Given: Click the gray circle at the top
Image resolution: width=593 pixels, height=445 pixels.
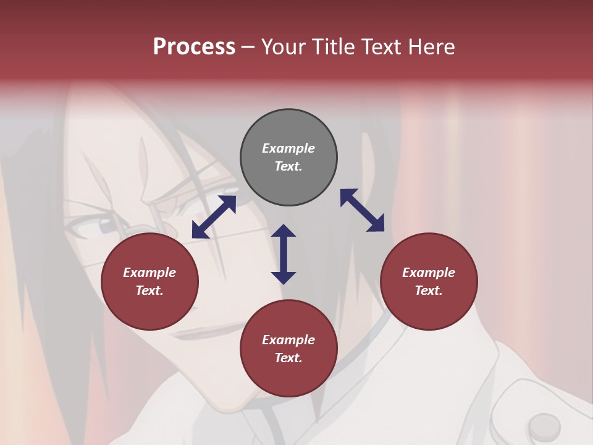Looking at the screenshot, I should coord(288,158).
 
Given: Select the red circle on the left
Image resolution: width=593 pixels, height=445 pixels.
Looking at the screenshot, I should coord(149,282).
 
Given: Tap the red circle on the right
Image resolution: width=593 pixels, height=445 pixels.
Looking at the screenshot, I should coord(429,282).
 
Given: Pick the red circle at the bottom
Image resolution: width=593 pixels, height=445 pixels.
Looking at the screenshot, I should coord(288,349).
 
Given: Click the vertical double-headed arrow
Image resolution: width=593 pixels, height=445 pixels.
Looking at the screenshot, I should coord(284,254).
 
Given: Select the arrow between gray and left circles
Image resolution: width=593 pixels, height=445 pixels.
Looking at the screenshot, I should coord(214,217).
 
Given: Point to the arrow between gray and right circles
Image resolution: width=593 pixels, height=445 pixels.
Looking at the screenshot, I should coord(363,210).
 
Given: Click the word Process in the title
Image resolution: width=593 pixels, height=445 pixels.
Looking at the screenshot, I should coord(194,47).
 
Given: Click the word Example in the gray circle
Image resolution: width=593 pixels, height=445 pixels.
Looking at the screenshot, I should coord(288,148).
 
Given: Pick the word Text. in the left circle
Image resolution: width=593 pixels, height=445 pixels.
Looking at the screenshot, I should coord(149,290).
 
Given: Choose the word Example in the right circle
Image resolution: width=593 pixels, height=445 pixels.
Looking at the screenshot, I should coord(429,273).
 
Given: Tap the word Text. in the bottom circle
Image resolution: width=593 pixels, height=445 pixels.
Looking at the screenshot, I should coord(288,358).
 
